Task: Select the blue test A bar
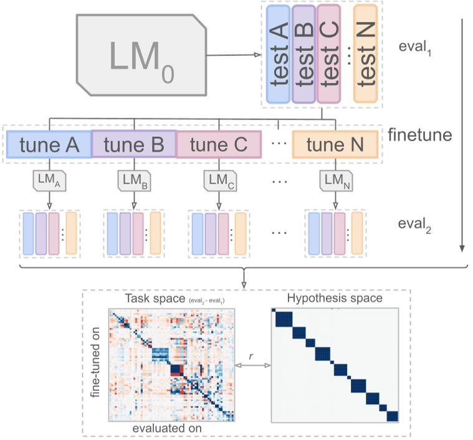pos(277,54)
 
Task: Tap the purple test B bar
pos(303,54)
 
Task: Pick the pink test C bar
pos(328,54)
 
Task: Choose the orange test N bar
pos(365,54)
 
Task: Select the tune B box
pos(134,144)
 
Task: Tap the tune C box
pos(218,144)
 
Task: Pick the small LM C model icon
pos(218,180)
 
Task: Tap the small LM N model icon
pos(335,180)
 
